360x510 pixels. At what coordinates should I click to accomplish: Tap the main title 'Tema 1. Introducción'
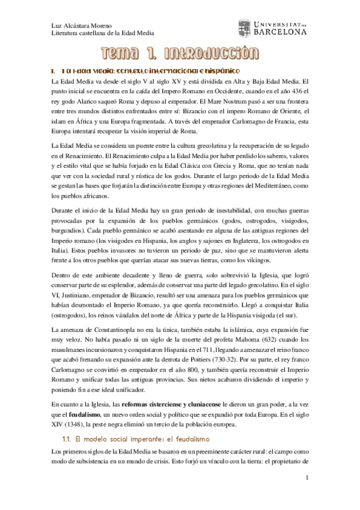tap(180, 55)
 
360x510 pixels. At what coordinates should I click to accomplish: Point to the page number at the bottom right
tap(307, 479)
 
